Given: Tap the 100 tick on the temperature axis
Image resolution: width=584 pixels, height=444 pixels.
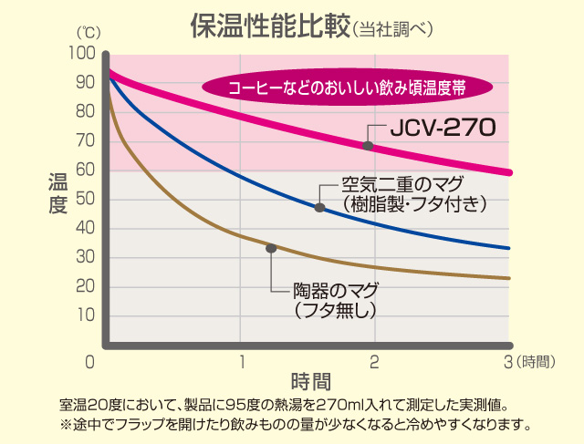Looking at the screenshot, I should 82,54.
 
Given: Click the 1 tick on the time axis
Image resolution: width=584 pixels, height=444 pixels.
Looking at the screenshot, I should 242,362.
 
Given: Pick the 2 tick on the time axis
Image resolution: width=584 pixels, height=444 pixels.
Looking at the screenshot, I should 374,362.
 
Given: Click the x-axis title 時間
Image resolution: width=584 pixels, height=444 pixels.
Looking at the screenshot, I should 310,380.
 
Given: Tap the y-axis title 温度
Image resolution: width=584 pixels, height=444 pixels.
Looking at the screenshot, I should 57,194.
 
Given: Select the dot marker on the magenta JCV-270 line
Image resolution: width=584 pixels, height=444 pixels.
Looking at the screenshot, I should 368,146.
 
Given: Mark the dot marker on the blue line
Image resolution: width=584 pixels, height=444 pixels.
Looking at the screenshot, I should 319,208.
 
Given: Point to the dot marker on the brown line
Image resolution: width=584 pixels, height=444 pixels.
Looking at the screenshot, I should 270,248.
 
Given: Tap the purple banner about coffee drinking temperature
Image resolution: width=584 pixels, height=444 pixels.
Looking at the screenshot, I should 348,88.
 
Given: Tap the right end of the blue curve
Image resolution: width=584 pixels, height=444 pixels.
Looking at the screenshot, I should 508,248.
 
